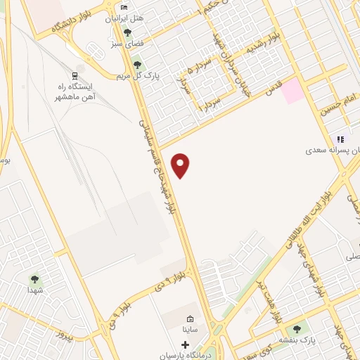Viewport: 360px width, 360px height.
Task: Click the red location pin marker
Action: pos(181,165)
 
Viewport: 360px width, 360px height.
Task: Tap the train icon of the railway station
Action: pos(75,75)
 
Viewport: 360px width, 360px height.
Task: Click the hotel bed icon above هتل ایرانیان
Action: pos(124,8)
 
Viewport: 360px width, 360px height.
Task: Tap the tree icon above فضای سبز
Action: pos(127,32)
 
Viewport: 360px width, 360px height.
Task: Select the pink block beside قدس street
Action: pos(294,91)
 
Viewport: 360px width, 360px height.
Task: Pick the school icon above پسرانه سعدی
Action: pos(340,139)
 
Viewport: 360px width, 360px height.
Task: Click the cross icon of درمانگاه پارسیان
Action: pos(186,345)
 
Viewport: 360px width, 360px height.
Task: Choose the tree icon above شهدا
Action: pos(34,280)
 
